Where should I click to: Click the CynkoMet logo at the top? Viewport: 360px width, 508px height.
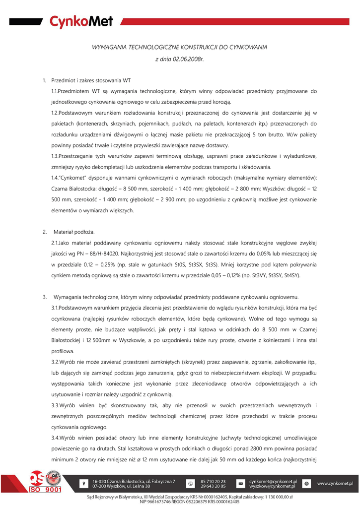81,21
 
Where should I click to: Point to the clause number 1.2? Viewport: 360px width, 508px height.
55,113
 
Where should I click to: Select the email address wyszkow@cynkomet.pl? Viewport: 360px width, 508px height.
273,486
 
